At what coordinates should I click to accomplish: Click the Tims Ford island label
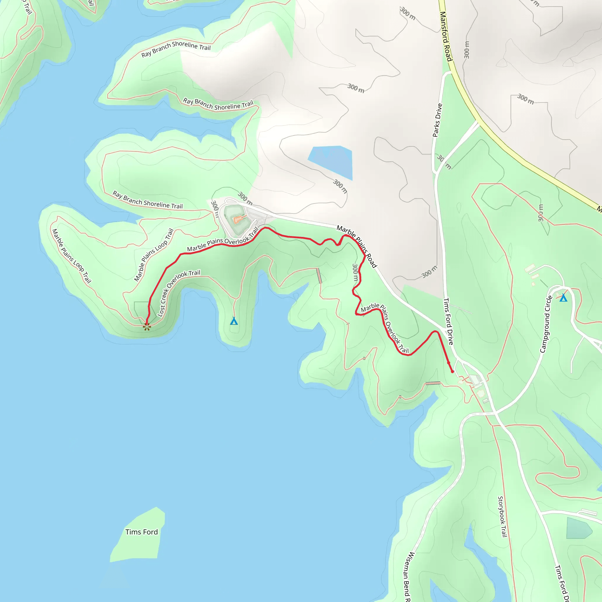click(141, 532)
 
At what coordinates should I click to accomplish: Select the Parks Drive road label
click(437, 120)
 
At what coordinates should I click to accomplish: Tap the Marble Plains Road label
click(357, 246)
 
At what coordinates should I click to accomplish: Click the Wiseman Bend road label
click(408, 576)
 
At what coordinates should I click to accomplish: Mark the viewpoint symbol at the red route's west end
click(147, 327)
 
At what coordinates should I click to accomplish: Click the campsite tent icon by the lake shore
click(234, 321)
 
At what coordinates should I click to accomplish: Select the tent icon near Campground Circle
click(563, 298)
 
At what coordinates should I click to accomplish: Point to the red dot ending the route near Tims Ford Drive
click(452, 372)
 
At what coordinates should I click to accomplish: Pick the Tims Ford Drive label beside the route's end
click(448, 321)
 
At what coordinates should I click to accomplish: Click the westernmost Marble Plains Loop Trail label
click(71, 256)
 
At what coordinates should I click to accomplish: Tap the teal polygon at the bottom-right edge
click(578, 528)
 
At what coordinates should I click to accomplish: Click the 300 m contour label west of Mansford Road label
click(408, 14)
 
